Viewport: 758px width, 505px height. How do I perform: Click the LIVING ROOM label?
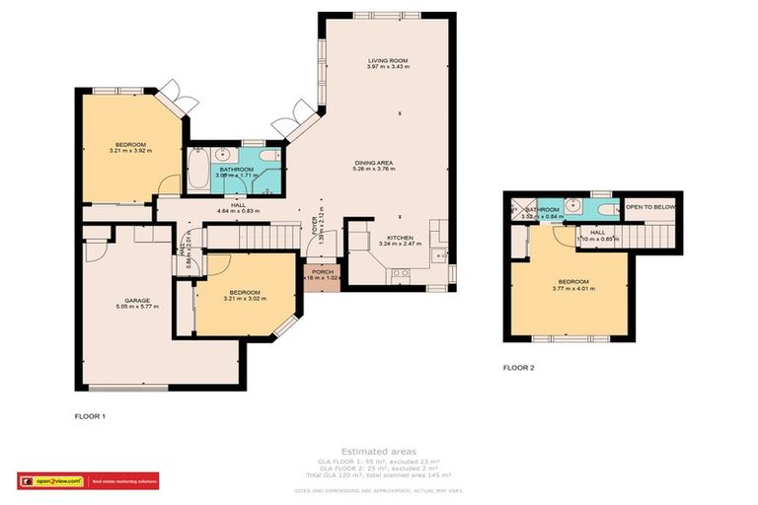(x=387, y=61)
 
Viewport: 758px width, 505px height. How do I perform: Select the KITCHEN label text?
(x=400, y=237)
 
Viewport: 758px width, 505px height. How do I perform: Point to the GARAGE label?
(x=137, y=300)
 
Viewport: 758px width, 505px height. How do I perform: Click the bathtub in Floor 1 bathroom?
(x=197, y=169)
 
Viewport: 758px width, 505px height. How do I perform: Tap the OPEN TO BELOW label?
(x=650, y=208)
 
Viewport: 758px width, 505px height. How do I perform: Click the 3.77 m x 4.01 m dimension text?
(x=569, y=289)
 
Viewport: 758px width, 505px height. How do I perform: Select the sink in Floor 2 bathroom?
(x=572, y=207)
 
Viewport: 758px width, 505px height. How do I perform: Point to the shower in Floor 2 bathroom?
(x=514, y=209)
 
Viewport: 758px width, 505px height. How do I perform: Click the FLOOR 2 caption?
(x=518, y=368)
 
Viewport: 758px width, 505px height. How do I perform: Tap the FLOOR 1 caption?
(x=90, y=416)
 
